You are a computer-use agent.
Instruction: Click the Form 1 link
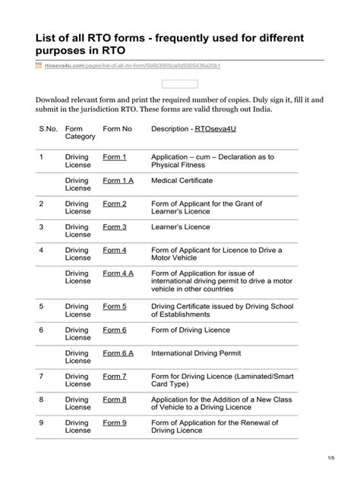point(114,157)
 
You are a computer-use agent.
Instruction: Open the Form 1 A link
point(118,181)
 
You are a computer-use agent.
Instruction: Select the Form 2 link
point(114,204)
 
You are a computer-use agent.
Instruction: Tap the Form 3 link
point(114,227)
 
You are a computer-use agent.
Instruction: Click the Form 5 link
point(114,306)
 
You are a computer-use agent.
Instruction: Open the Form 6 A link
point(118,353)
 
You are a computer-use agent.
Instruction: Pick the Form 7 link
point(114,376)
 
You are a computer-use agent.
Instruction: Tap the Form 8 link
point(114,399)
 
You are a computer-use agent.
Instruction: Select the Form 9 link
point(114,423)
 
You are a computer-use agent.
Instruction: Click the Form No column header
point(117,130)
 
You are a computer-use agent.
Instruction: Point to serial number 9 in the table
point(42,423)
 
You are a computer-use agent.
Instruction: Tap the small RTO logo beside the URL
point(39,67)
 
